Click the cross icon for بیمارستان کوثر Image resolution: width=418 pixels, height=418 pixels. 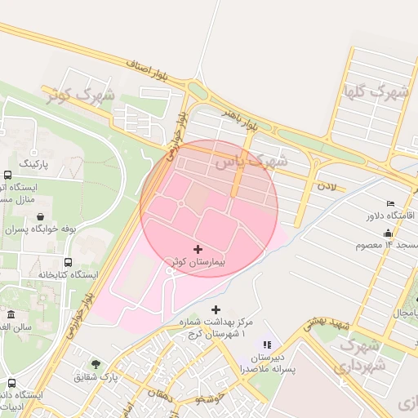point(198,248)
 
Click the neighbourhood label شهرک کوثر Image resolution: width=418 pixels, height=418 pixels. point(80,94)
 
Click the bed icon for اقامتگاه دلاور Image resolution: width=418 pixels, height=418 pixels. point(391,203)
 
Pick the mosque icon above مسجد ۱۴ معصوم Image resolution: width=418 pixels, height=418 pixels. point(391,232)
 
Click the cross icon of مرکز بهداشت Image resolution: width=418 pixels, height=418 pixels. point(216,309)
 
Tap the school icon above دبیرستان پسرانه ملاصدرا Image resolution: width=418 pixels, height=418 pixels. point(266,345)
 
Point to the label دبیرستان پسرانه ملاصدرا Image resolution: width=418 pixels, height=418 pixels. point(266,363)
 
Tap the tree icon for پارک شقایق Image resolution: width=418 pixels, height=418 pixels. point(96,364)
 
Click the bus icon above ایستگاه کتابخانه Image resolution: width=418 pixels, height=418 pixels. point(67,263)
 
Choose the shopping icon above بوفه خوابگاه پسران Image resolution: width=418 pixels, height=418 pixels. point(40,217)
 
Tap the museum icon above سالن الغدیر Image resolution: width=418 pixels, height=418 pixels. point(11,314)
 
